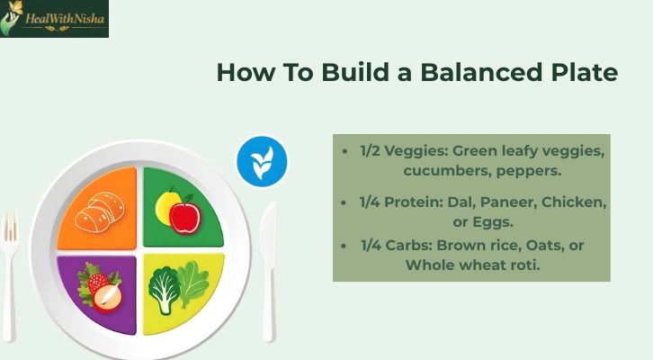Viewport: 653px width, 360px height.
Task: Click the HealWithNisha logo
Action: (54, 19)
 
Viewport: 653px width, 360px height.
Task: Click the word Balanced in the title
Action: (460, 73)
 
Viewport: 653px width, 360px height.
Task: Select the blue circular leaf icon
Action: (262, 163)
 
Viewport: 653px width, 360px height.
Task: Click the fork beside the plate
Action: (10, 270)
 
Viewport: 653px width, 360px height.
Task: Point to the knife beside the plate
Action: (269, 270)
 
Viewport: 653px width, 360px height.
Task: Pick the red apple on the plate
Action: (184, 215)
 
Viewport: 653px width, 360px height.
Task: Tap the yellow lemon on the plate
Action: (166, 206)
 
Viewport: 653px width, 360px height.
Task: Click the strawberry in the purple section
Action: (93, 279)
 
